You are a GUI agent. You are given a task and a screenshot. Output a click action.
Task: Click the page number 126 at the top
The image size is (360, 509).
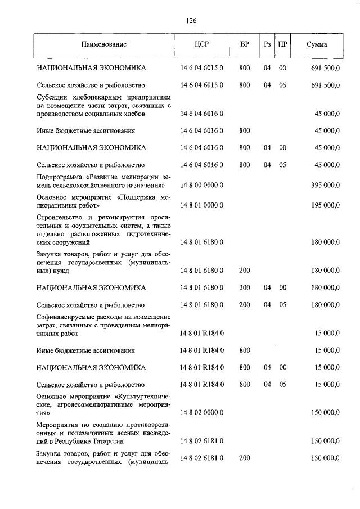tap(191, 21)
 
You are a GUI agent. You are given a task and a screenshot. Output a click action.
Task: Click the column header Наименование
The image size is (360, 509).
tap(103, 44)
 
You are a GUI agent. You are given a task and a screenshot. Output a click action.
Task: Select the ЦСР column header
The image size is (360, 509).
tap(202, 44)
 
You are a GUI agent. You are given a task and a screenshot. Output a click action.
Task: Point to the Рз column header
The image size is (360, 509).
tap(267, 44)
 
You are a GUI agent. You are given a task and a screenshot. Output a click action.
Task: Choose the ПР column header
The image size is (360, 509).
tap(283, 44)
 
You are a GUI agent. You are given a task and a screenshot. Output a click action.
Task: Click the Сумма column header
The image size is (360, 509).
tap(317, 44)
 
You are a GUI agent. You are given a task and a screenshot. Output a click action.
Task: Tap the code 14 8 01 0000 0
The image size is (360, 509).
tap(202, 206)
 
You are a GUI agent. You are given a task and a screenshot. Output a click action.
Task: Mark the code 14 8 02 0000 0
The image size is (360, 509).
tap(202, 412)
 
